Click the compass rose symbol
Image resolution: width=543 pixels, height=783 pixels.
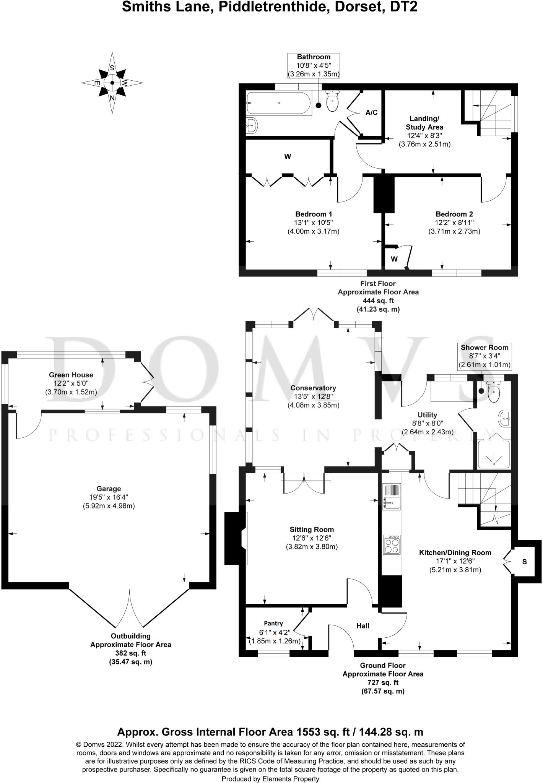112,83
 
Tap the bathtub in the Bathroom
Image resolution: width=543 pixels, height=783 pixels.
279,103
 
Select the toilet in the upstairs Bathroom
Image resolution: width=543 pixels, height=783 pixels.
333,101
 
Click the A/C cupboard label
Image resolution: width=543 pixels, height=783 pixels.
371,112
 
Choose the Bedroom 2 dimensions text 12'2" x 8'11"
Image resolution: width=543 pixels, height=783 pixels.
454,223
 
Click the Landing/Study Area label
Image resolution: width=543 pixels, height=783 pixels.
424,123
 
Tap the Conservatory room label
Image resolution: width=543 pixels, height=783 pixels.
313,388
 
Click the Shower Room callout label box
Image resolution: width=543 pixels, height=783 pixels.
484,356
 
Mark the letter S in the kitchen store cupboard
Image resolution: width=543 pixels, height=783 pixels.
525,562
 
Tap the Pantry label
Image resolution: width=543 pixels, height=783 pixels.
273,624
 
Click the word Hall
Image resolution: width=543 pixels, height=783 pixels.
363,626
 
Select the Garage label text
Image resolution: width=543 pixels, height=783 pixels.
109,489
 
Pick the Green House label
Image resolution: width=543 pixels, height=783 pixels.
71,375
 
